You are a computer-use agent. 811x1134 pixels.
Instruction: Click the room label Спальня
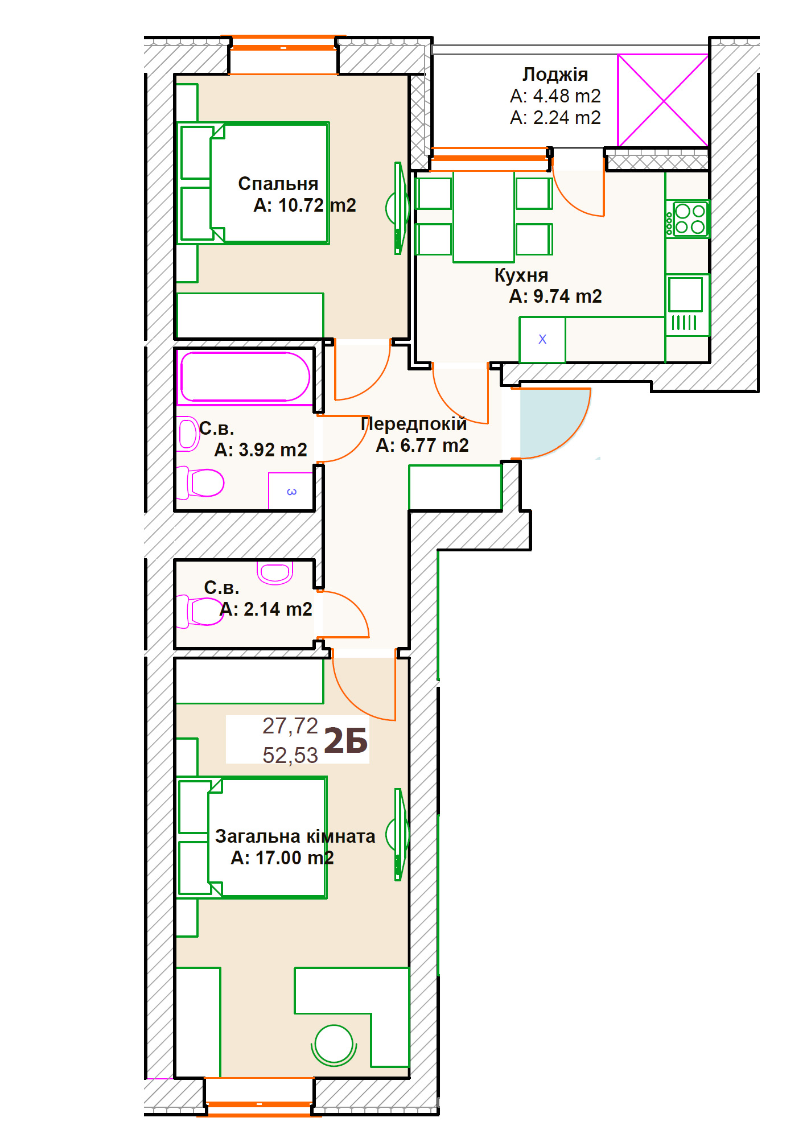point(278,184)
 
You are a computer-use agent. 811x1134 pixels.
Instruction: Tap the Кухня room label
point(521,275)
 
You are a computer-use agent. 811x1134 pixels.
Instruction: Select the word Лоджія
point(555,75)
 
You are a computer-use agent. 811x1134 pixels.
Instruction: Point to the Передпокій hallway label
point(414,424)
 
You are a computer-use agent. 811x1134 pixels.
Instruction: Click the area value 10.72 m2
point(317,205)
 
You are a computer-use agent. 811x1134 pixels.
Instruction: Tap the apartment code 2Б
point(345,741)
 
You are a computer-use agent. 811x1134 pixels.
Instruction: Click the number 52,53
point(290,756)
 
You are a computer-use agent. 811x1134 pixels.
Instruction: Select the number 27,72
point(290,726)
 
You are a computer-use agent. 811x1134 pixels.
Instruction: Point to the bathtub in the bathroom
point(245,377)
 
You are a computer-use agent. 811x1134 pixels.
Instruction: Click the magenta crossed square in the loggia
point(663,101)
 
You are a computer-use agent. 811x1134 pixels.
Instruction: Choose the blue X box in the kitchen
point(542,340)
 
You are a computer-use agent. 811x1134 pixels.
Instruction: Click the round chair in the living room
point(334,1045)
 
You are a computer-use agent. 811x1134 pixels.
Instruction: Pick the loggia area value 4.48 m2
point(566,96)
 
